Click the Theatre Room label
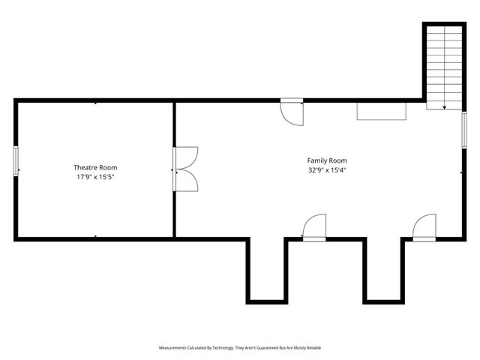click(94, 167)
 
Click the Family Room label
click(327, 160)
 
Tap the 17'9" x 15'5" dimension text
click(94, 177)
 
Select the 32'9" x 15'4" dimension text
click(327, 170)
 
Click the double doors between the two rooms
click(184, 168)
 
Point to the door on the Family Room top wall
click(292, 112)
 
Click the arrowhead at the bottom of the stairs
click(445, 108)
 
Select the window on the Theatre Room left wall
click(16, 161)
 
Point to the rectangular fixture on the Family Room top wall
click(382, 110)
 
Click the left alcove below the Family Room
click(266, 270)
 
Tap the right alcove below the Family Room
click(382, 270)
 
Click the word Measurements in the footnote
click(174, 348)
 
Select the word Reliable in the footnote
click(312, 348)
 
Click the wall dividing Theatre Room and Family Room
click(175, 210)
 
